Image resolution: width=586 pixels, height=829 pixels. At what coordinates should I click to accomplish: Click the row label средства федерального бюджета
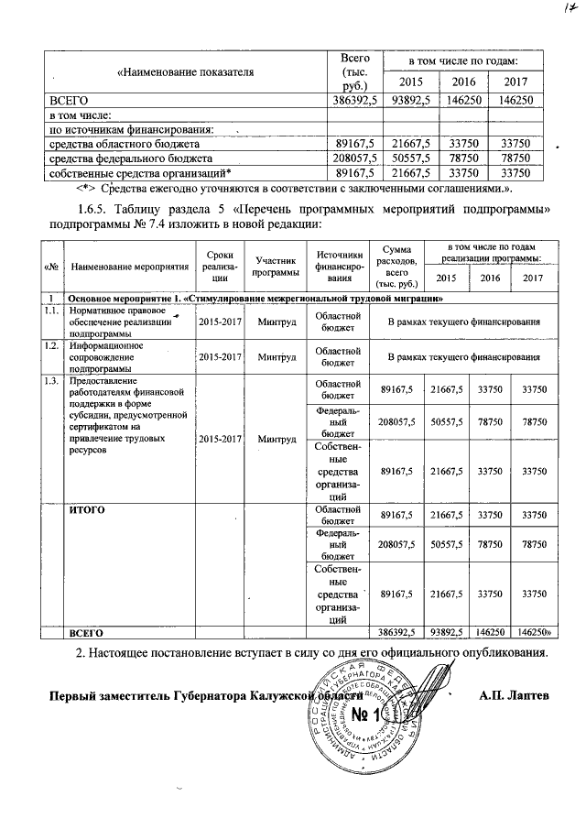coord(124,158)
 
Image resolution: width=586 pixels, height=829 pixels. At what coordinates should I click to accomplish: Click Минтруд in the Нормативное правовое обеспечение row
coord(277,322)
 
